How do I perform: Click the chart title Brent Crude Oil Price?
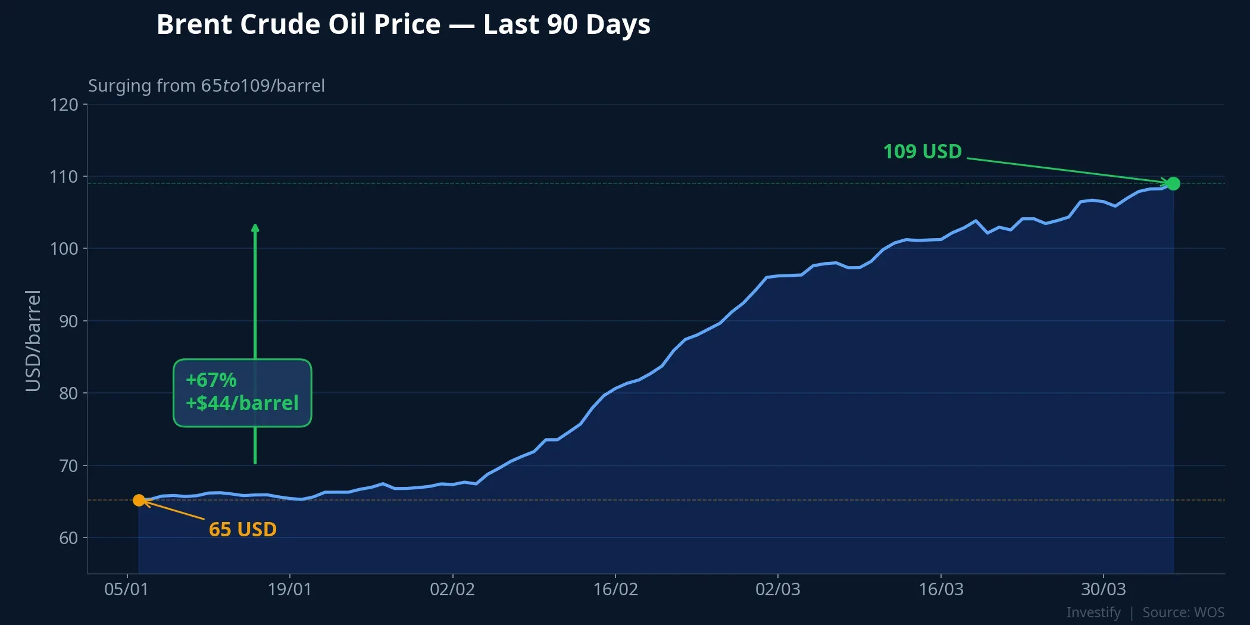coord(403,25)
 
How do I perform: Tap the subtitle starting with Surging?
coord(206,86)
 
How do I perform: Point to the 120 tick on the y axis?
coord(64,105)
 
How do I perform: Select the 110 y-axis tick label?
coord(64,177)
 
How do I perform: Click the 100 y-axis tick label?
coord(64,249)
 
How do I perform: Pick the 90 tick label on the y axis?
coord(68,321)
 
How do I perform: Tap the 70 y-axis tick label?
coord(68,466)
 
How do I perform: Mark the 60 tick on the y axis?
coord(68,538)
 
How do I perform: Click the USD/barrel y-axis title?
coord(33,340)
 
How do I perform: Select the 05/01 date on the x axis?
coord(126,589)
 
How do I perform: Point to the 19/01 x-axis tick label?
coord(289,589)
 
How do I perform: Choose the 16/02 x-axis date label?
coord(615,589)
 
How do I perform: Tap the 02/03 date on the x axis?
coord(778,589)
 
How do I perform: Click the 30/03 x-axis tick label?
coord(1104,589)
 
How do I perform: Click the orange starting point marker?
coord(139,501)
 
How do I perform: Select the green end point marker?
coord(1173,184)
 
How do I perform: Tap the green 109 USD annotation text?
coord(922,152)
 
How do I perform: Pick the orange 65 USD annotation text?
coord(243,529)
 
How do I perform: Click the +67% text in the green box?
coord(211,380)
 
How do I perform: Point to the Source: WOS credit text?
coord(1183,612)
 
